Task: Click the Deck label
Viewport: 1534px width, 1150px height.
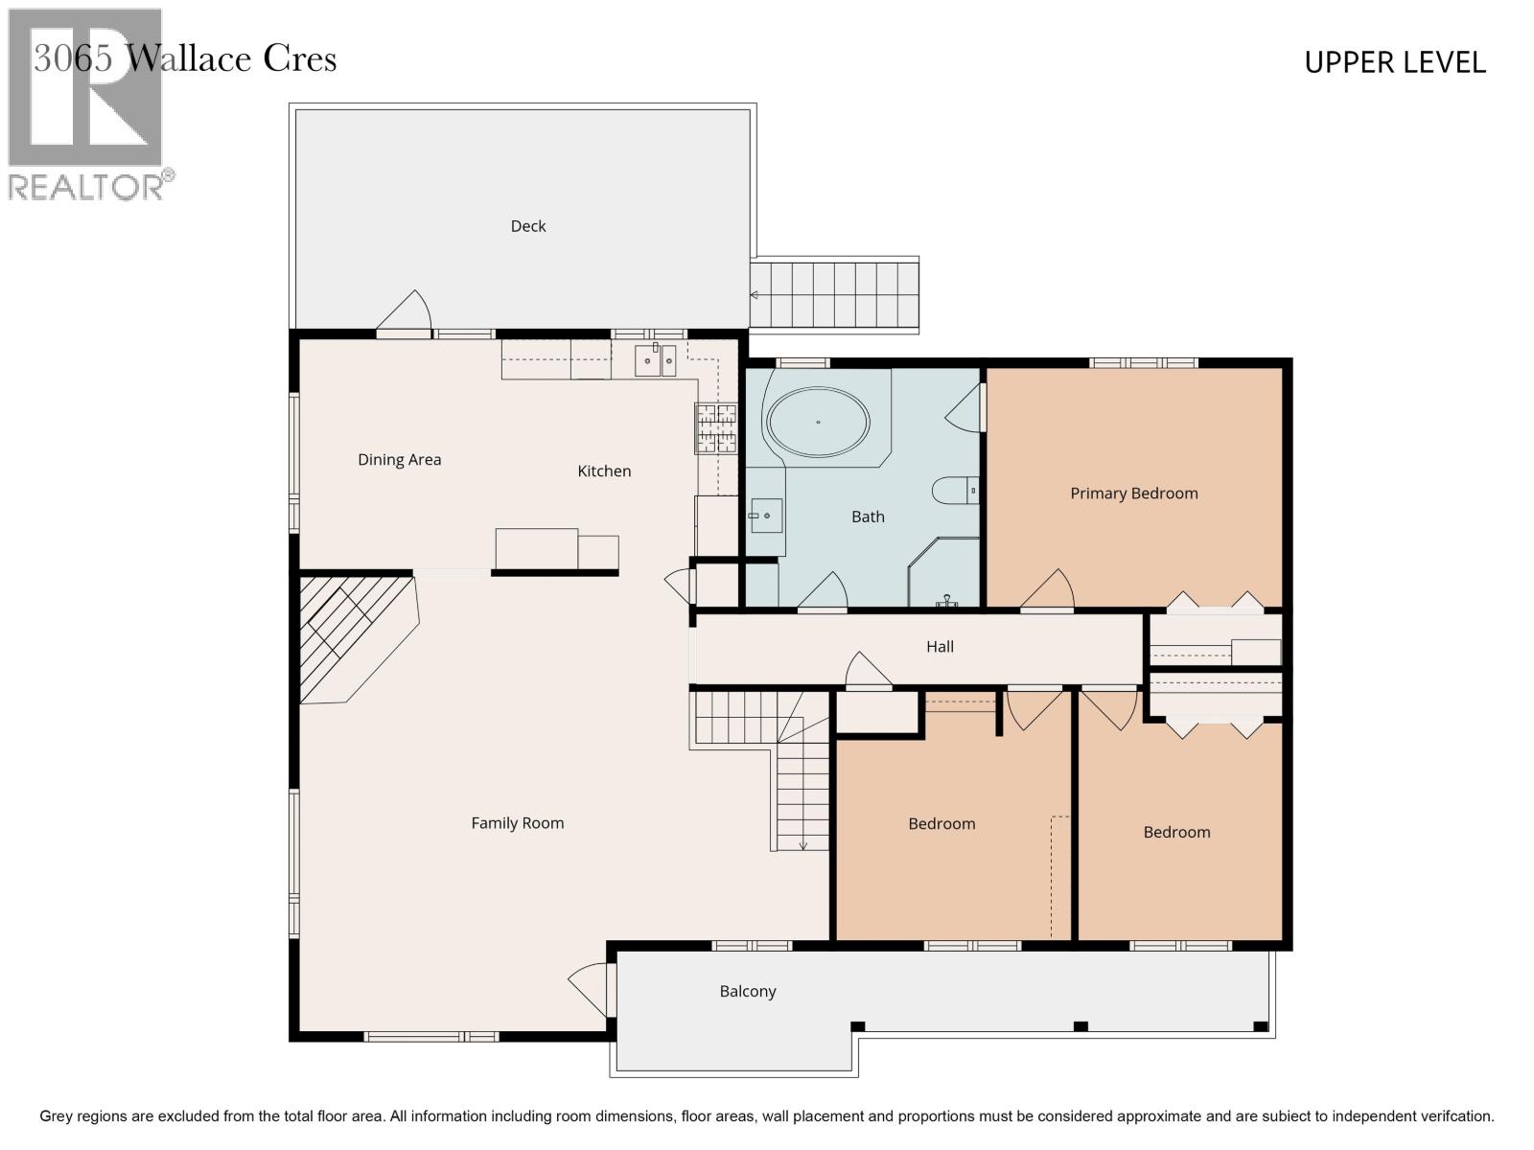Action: pyautogui.click(x=527, y=226)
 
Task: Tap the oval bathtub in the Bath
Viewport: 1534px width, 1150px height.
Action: pyautogui.click(x=818, y=422)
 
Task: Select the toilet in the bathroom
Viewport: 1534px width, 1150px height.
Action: pyautogui.click(x=955, y=490)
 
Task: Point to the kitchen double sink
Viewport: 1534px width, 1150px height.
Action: pyautogui.click(x=656, y=361)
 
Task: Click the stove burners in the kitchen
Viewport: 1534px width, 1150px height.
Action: pyautogui.click(x=716, y=427)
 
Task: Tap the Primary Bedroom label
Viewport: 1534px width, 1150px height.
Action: pyautogui.click(x=1133, y=494)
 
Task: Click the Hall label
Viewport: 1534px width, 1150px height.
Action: pyautogui.click(x=940, y=647)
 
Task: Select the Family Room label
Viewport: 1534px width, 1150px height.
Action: pyautogui.click(x=517, y=823)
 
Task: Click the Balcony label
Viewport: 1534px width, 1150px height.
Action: pyautogui.click(x=748, y=992)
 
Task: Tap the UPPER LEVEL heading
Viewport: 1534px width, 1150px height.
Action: pyautogui.click(x=1394, y=63)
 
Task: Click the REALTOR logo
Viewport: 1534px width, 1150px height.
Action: pyautogui.click(x=86, y=105)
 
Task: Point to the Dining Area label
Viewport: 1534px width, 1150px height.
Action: pyautogui.click(x=399, y=460)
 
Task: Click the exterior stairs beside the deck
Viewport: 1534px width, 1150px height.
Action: pyautogui.click(x=834, y=294)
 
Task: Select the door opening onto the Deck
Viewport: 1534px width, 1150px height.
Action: pyautogui.click(x=405, y=315)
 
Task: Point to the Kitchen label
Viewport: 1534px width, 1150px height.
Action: pyautogui.click(x=604, y=471)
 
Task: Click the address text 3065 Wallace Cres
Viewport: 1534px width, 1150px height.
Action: pyautogui.click(x=185, y=59)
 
